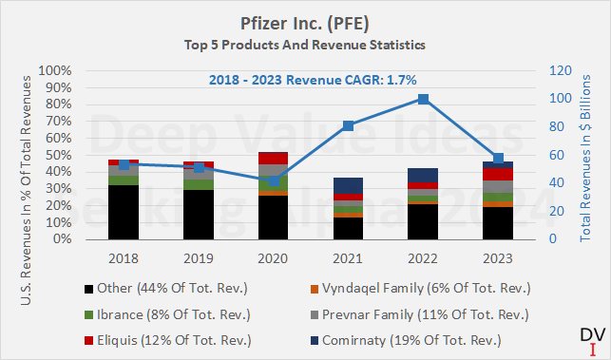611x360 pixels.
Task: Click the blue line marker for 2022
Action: pos(423,99)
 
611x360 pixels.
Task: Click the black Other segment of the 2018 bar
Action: pos(124,212)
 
